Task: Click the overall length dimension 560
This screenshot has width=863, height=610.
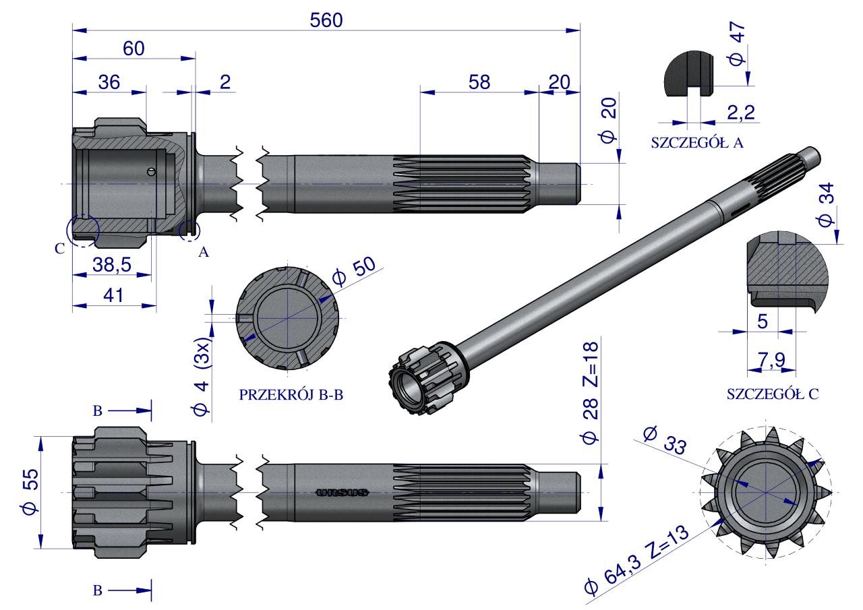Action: click(326, 20)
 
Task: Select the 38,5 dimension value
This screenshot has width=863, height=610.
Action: click(112, 265)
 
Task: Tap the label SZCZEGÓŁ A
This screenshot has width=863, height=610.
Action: click(697, 143)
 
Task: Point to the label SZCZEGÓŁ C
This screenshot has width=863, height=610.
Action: click(773, 394)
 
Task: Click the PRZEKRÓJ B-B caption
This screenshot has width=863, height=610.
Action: click(291, 395)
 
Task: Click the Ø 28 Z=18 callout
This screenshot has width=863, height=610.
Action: click(590, 393)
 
